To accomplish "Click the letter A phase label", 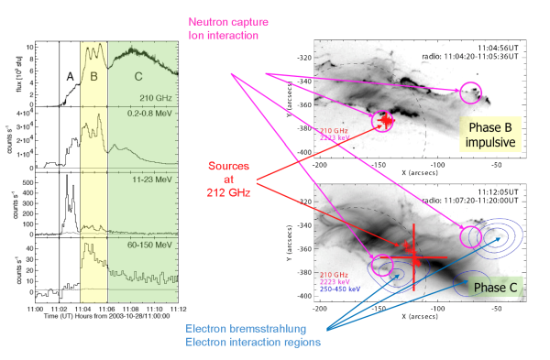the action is [69, 78].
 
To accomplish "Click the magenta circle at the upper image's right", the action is [470, 92].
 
